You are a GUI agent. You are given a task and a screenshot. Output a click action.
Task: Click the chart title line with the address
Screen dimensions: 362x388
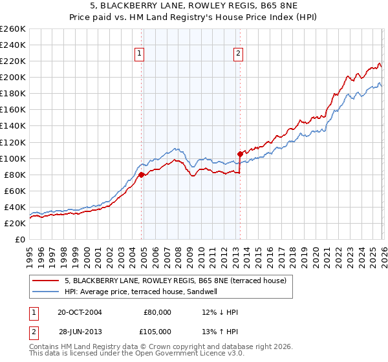coord(194,7)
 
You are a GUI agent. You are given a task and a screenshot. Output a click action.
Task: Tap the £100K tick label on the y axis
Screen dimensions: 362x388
coord(13,158)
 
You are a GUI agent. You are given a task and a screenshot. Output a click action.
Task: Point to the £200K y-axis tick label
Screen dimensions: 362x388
coord(13,77)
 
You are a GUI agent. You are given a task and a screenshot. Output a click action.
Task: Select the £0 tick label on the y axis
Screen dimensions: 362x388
coord(21,239)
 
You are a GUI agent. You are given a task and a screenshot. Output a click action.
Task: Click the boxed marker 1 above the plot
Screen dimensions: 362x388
coord(140,54)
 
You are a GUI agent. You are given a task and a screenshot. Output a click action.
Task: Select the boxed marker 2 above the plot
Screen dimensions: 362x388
coord(238,54)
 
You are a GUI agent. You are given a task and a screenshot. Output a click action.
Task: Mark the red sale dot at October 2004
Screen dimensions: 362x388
coord(142,174)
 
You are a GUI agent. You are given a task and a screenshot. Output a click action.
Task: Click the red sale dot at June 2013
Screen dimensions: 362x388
coord(240,154)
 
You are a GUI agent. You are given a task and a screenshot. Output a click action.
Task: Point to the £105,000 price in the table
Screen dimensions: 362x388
coord(157,332)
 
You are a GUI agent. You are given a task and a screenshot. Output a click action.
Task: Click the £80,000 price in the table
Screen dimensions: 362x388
coord(157,312)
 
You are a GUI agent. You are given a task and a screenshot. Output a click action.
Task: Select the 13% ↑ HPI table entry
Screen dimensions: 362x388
coord(220,332)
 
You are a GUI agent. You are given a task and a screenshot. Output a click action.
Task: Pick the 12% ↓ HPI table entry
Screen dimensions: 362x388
coord(220,312)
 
